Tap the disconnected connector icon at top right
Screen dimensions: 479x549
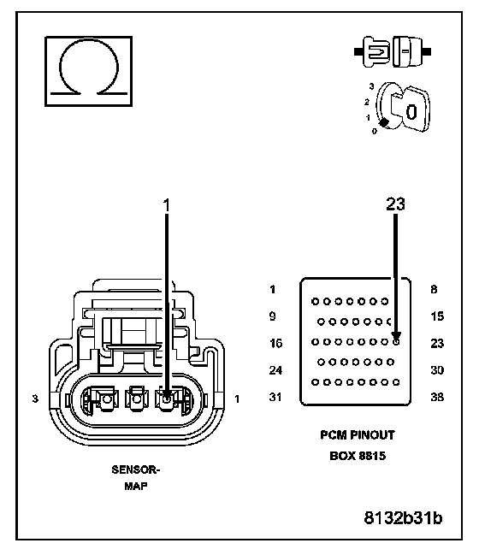393,51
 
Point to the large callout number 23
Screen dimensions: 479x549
395,204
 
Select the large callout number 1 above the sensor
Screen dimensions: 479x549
166,205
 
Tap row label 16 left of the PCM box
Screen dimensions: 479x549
276,343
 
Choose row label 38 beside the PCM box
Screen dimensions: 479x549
437,397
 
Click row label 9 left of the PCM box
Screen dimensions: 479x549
272,316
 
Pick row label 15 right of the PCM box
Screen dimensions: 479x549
437,316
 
